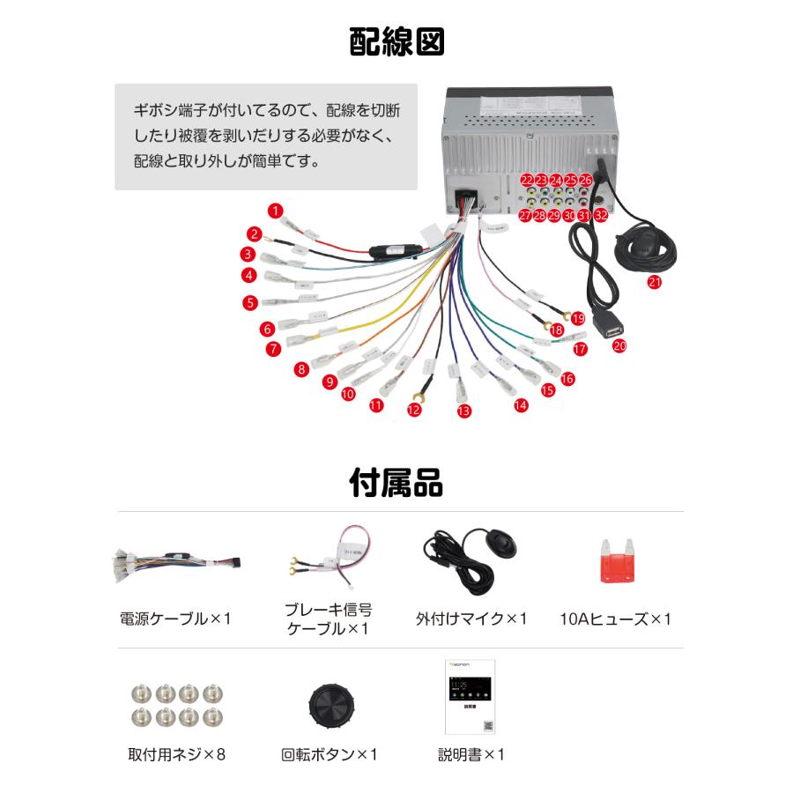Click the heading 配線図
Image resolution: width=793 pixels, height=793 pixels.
tap(396, 42)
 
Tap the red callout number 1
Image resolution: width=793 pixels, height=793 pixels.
tap(276, 211)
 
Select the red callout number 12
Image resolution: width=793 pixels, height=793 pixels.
tap(414, 409)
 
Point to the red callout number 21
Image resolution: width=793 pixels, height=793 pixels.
tap(654, 282)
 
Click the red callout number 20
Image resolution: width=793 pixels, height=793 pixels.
tap(619, 346)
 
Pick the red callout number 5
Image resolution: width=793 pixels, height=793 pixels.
tap(251, 302)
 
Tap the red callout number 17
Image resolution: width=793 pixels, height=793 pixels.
tap(580, 349)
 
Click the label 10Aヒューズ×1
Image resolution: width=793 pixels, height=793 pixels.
tap(615, 619)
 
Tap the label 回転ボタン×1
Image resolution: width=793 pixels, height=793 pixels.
tap(329, 755)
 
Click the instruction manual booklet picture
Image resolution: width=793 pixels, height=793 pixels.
tap(470, 696)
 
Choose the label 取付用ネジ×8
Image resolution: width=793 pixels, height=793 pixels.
tap(176, 755)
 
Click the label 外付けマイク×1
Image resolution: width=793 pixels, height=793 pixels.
tap(471, 619)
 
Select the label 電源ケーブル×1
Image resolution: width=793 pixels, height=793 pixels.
tap(174, 619)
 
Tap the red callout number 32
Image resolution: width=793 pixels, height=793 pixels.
tap(601, 214)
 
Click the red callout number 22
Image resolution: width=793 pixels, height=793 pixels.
tap(527, 180)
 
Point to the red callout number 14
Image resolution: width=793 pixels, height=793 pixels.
tap(521, 405)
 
